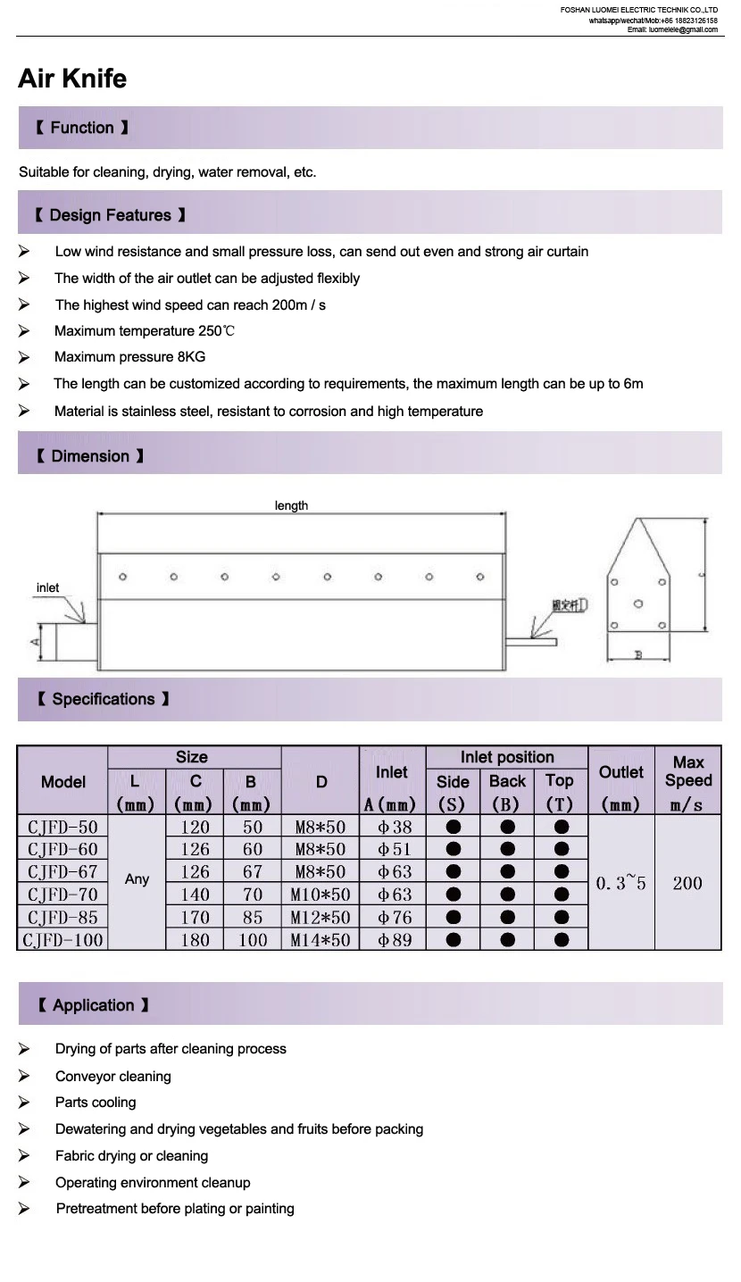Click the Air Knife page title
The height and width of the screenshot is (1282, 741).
[72, 79]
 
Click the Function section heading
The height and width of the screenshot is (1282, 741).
[82, 128]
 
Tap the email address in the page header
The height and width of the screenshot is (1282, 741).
[672, 29]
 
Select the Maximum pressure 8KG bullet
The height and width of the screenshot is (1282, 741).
[129, 357]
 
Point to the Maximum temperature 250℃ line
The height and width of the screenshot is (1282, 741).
[145, 331]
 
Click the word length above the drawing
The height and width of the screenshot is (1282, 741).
[291, 505]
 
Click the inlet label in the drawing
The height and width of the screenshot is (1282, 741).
[47, 587]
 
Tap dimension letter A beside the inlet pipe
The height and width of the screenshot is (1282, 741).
[35, 642]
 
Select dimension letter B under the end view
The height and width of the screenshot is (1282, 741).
[637, 655]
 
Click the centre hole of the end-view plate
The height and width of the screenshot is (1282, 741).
[637, 603]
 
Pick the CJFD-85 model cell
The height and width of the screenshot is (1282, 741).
[62, 917]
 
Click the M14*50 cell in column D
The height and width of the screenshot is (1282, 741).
[320, 939]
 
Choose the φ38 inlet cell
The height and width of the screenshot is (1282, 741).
[392, 828]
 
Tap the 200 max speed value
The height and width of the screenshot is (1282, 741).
[687, 883]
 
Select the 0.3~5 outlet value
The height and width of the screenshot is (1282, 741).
[620, 883]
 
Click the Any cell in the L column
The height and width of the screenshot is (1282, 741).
[137, 879]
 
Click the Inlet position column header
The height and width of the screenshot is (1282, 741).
[506, 757]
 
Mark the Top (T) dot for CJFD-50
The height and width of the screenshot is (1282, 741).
[561, 827]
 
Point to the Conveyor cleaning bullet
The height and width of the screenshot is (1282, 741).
[112, 1077]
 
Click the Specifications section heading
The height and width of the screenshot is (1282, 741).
[103, 699]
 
